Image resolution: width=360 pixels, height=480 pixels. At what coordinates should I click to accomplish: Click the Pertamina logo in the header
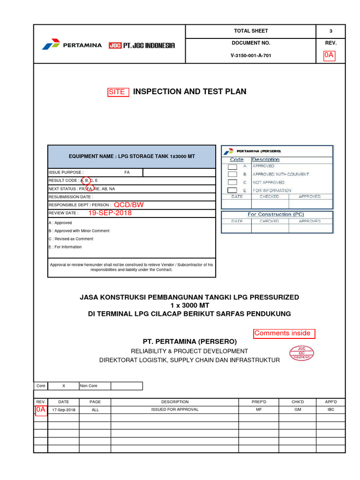click(x=71, y=45)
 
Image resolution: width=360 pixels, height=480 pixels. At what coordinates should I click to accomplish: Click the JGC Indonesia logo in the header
click(x=142, y=45)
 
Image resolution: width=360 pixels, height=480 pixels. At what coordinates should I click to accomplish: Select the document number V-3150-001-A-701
click(x=251, y=55)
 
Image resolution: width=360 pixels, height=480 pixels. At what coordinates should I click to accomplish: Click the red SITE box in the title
click(x=118, y=92)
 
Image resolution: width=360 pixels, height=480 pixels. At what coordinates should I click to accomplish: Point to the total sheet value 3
click(x=330, y=31)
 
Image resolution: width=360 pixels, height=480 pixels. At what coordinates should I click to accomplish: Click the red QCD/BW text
click(x=127, y=205)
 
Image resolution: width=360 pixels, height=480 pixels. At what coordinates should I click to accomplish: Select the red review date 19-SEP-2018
click(x=110, y=213)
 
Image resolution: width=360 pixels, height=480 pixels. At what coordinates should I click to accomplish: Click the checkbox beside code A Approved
click(x=232, y=166)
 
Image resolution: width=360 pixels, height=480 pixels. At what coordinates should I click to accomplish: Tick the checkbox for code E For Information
click(x=232, y=190)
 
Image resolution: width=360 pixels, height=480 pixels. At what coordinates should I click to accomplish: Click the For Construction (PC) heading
click(x=276, y=214)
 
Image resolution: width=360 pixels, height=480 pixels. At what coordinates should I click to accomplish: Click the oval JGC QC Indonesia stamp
click(x=301, y=353)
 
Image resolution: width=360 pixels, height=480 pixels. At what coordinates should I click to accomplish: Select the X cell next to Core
click(x=64, y=386)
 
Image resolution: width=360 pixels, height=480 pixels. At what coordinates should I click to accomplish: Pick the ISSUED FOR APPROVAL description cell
click(x=174, y=410)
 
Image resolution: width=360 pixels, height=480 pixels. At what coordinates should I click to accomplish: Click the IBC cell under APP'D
click(x=331, y=410)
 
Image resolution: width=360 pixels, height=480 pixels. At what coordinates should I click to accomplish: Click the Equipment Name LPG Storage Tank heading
click(x=132, y=156)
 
